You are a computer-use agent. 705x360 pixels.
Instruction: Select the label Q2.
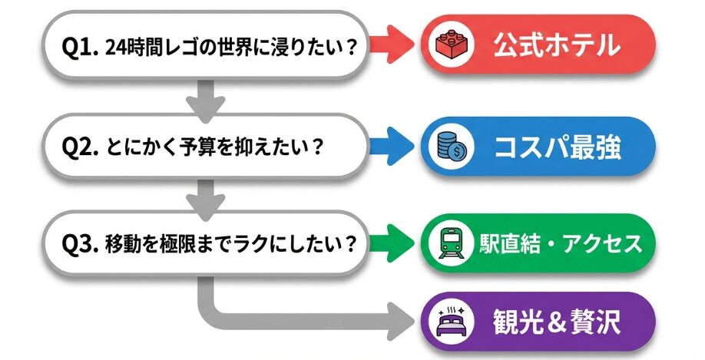coord(78,146)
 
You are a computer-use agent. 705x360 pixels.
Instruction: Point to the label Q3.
coord(78,244)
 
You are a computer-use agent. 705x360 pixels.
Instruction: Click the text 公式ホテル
coord(556,46)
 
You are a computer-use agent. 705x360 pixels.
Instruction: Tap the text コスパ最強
coord(556,146)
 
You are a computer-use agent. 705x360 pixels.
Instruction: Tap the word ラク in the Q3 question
coord(270,244)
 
